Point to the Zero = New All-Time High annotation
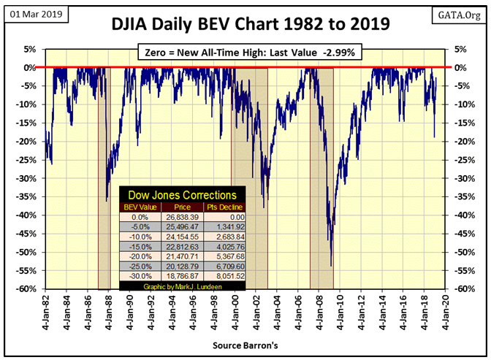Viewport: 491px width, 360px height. (x=249, y=53)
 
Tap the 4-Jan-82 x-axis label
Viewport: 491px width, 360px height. (x=47, y=310)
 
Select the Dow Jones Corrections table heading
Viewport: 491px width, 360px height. (x=182, y=196)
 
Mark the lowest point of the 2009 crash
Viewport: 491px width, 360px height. (x=331, y=266)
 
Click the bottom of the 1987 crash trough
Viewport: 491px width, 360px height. (x=107, y=200)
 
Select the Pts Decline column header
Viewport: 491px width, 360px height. (x=224, y=207)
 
